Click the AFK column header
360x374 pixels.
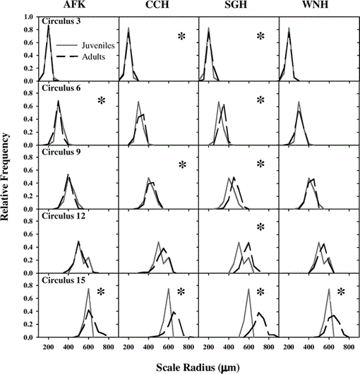[x=74, y=4]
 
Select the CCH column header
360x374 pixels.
[x=157, y=4]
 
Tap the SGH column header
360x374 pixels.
[x=236, y=4]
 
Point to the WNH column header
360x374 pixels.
[x=315, y=4]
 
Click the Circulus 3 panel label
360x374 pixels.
[x=61, y=21]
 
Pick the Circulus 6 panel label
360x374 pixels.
[x=61, y=88]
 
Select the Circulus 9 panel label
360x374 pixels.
[x=61, y=152]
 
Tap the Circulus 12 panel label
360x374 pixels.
[x=64, y=216]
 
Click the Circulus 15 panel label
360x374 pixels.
[x=64, y=280]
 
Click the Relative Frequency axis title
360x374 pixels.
[x=4, y=176]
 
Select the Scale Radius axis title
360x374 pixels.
[x=198, y=368]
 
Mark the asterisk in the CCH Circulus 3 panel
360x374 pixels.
[x=181, y=36]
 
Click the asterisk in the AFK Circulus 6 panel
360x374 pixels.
[x=102, y=101]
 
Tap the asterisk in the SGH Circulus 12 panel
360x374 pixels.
[x=260, y=227]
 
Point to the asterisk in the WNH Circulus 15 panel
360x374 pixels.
[x=341, y=291]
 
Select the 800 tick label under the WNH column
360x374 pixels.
[x=349, y=346]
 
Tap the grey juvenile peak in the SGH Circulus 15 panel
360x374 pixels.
[x=248, y=289]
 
